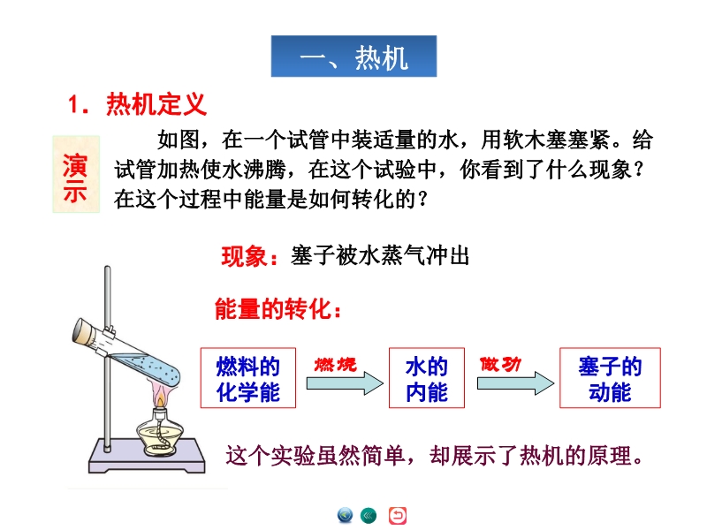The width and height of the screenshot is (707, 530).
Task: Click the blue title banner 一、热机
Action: [x=354, y=56]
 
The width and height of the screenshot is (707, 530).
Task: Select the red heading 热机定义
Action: [x=156, y=104]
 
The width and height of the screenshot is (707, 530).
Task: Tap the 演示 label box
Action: [x=76, y=174]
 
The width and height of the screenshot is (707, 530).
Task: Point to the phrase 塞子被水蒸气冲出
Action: [x=380, y=255]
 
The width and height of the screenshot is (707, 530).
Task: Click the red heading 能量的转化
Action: [x=277, y=308]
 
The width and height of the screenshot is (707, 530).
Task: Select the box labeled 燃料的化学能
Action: [x=248, y=378]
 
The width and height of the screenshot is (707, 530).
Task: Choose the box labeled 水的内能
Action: [x=427, y=378]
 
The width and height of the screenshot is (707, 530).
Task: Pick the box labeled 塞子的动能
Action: [x=610, y=378]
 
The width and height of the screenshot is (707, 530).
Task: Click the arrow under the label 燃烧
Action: [x=345, y=383]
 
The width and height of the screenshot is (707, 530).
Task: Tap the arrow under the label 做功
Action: [x=515, y=383]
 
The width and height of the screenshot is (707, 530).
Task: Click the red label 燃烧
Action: [x=336, y=364]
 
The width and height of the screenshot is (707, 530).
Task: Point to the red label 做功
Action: [x=500, y=364]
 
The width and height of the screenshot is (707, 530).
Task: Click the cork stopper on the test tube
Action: [x=83, y=331]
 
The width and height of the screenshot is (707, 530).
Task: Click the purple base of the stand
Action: [x=147, y=456]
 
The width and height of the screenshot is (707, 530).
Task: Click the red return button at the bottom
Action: [x=397, y=516]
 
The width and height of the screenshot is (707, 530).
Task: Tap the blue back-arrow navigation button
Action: [x=345, y=515]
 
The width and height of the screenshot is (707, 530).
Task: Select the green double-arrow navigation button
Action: [x=369, y=515]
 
